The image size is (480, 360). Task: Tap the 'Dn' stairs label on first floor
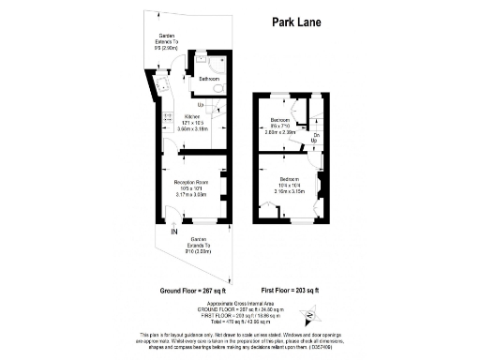tap(315, 137)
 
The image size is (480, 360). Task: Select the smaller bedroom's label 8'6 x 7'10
tap(279, 127)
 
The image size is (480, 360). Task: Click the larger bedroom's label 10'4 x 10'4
tap(288, 185)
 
